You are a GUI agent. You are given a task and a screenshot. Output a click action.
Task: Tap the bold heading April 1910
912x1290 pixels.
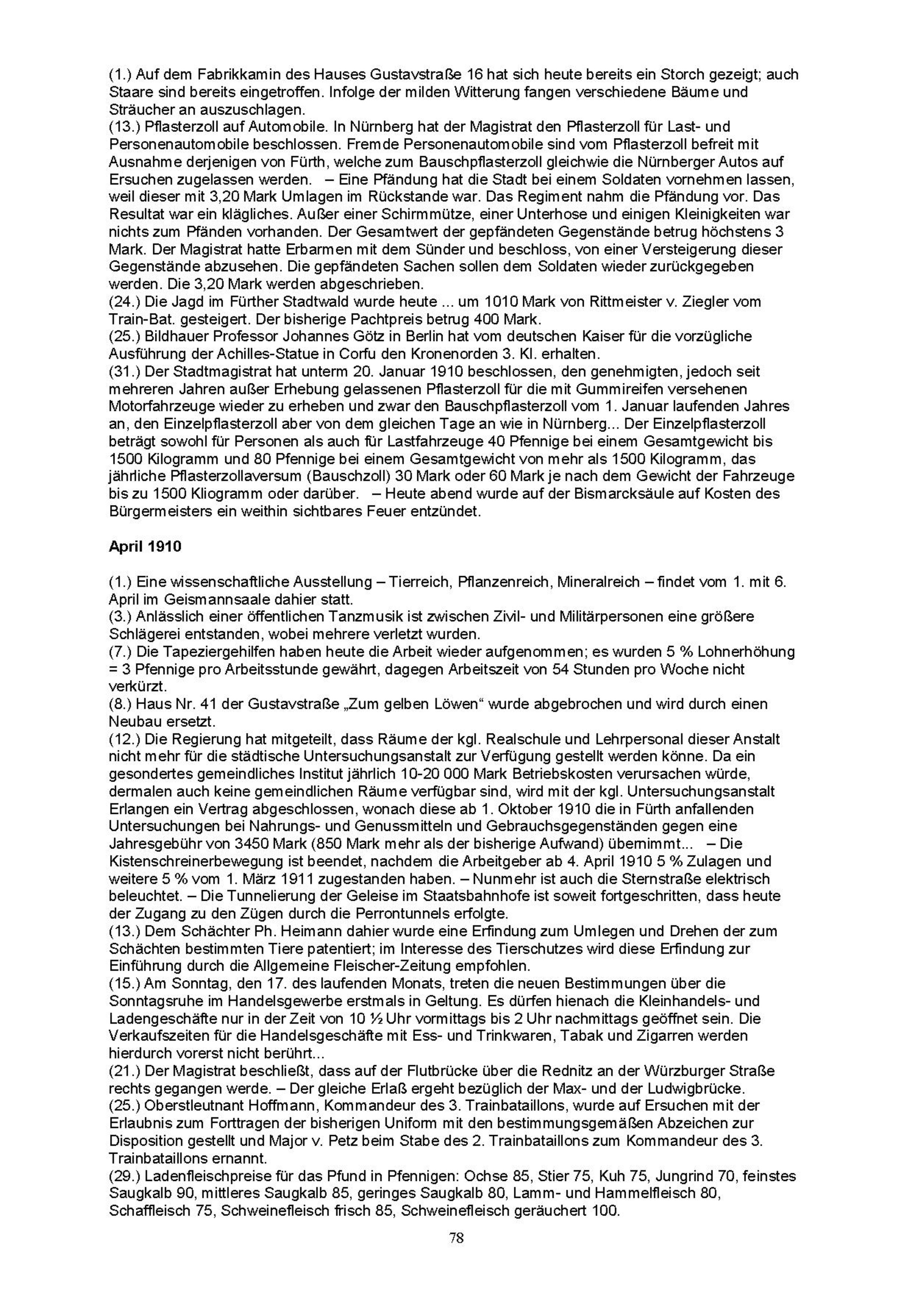point(145,547)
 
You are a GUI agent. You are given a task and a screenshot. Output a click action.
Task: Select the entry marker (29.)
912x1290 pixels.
point(124,1176)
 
